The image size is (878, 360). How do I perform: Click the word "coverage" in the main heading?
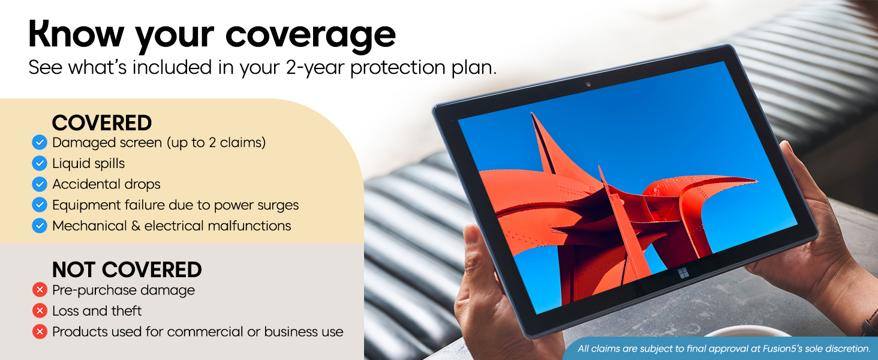pyautogui.click(x=311, y=35)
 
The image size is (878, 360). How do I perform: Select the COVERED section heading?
pyautogui.click(x=101, y=123)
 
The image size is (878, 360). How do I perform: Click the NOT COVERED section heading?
pyautogui.click(x=127, y=270)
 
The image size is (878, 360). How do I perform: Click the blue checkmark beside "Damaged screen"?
pyautogui.click(x=40, y=142)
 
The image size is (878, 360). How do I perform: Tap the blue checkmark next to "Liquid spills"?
pyautogui.click(x=40, y=163)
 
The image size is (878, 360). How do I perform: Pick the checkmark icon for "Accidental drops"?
pyautogui.click(x=40, y=184)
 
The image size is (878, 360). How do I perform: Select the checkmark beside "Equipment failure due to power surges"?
pyautogui.click(x=40, y=205)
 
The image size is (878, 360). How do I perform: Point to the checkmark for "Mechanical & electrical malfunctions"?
pyautogui.click(x=40, y=226)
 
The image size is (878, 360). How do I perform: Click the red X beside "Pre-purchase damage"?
pyautogui.click(x=40, y=290)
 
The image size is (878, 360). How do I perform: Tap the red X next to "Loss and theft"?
pyautogui.click(x=40, y=311)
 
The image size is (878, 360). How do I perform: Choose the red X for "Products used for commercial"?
pyautogui.click(x=40, y=332)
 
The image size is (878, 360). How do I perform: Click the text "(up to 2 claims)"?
pyautogui.click(x=217, y=143)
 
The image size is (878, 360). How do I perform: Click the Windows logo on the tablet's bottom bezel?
pyautogui.click(x=683, y=274)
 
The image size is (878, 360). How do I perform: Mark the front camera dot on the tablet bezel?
pyautogui.click(x=588, y=85)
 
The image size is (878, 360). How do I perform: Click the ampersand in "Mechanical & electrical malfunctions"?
pyautogui.click(x=136, y=226)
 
